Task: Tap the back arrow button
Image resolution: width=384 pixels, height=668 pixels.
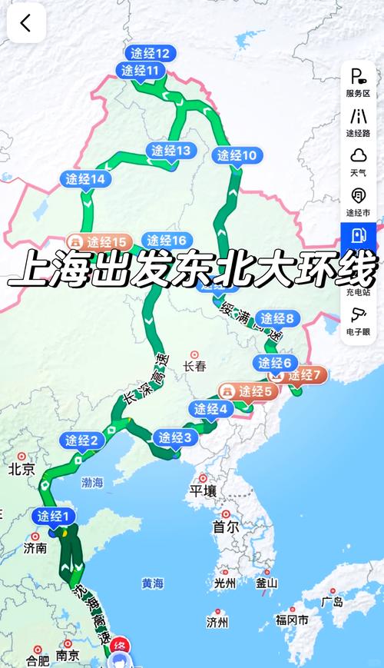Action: (x=26, y=23)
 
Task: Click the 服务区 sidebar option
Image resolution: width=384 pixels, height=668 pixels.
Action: (x=358, y=82)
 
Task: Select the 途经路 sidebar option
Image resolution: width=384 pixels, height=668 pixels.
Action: (x=358, y=122)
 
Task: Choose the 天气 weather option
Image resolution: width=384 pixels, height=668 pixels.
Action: (x=358, y=162)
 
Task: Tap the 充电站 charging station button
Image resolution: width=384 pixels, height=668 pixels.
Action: (x=358, y=243)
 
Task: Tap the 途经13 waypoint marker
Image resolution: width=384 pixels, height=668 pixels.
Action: (x=170, y=151)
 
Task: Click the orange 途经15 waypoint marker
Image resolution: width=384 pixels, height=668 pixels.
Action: (x=100, y=241)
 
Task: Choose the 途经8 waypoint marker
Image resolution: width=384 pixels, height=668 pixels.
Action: (x=277, y=317)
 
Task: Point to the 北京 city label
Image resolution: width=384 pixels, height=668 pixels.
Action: (x=22, y=469)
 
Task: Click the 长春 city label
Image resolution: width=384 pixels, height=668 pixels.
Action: (x=195, y=367)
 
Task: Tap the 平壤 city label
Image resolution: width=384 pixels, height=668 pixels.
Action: (x=204, y=490)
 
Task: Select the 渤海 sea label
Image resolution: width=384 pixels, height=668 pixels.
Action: (x=91, y=483)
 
